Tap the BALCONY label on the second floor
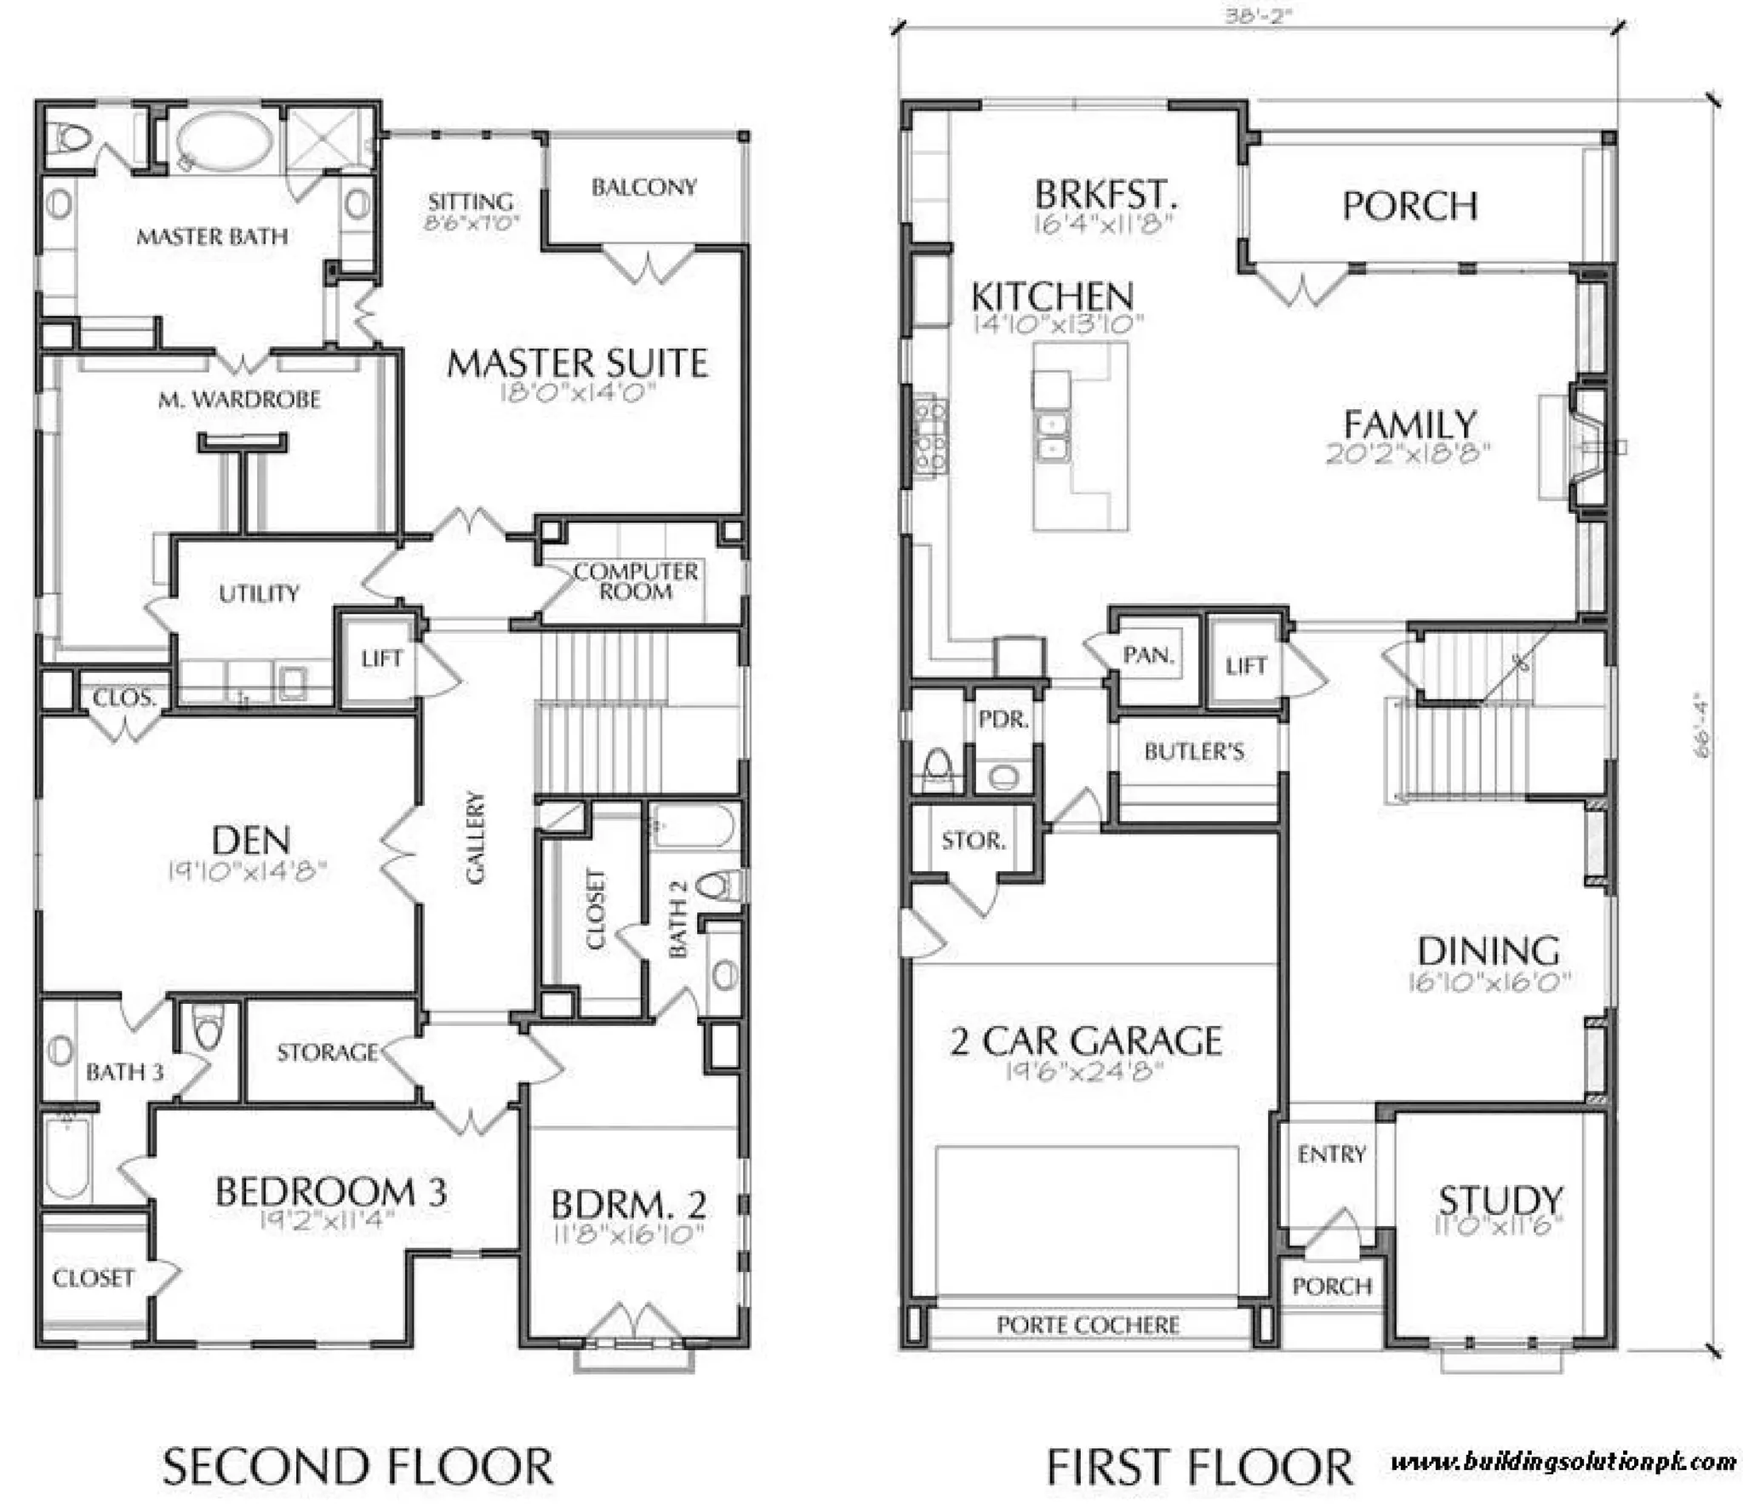[x=643, y=187]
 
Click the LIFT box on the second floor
[x=380, y=658]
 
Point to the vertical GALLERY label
[x=475, y=837]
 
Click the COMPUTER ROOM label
[x=636, y=581]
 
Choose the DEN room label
[x=250, y=841]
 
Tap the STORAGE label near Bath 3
[x=327, y=1052]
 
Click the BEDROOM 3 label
[x=330, y=1192]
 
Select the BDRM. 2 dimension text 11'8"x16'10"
[x=628, y=1234]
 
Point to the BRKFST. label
[x=1105, y=195]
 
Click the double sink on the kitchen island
[x=1052, y=436]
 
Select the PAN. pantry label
[x=1148, y=655]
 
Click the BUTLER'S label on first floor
[x=1193, y=751]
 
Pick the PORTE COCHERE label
[x=1087, y=1325]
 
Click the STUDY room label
[x=1500, y=1200]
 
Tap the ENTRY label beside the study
[x=1331, y=1154]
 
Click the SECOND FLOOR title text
[x=357, y=1467]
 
